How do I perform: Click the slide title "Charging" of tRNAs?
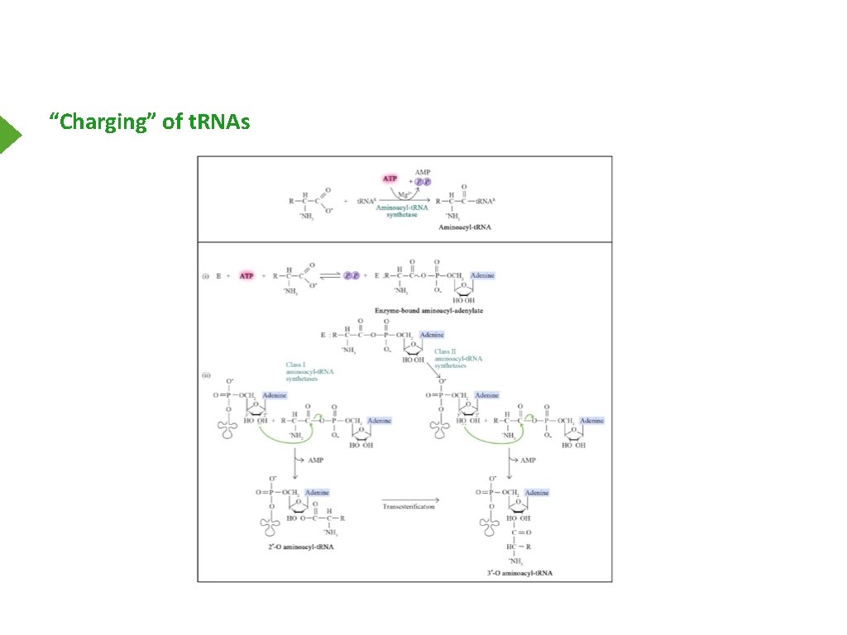tap(149, 122)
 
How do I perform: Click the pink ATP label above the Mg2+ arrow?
tap(390, 179)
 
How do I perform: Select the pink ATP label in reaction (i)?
tap(246, 275)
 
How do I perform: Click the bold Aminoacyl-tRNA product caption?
tap(465, 227)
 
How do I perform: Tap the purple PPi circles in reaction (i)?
tap(352, 275)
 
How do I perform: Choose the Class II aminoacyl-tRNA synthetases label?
tap(458, 360)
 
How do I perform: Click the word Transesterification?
tap(409, 506)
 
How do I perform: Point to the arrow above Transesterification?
tap(410, 499)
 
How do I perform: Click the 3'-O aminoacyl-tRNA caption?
tap(521, 572)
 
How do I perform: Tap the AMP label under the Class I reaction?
tap(315, 460)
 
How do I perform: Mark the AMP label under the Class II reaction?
tap(529, 460)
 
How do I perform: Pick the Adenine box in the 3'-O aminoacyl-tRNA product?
tap(535, 493)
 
